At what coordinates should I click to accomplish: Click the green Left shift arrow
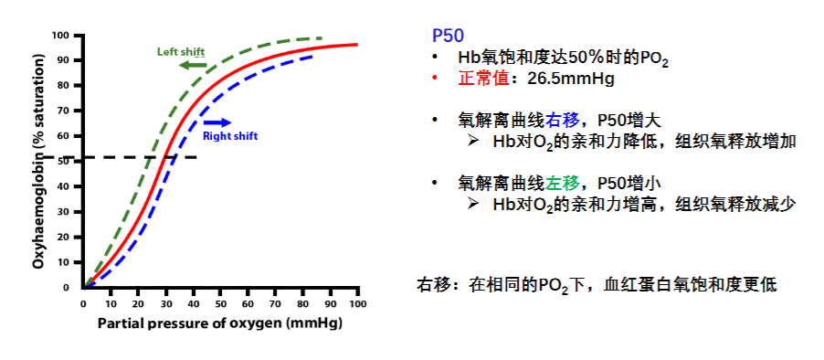click(192, 65)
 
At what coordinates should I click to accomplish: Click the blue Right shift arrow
click(217, 123)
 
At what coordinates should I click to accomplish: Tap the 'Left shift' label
click(181, 51)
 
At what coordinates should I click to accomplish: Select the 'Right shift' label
click(230, 136)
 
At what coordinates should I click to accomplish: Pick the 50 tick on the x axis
click(221, 304)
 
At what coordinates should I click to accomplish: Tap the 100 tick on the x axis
click(358, 304)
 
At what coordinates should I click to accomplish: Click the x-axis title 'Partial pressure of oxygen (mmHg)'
click(220, 323)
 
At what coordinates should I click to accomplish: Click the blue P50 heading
click(448, 37)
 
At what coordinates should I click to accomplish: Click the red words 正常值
click(483, 79)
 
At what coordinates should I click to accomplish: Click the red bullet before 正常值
click(435, 79)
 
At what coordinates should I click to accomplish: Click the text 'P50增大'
click(629, 121)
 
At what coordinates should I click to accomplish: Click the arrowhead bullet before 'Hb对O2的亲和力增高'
click(473, 204)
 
